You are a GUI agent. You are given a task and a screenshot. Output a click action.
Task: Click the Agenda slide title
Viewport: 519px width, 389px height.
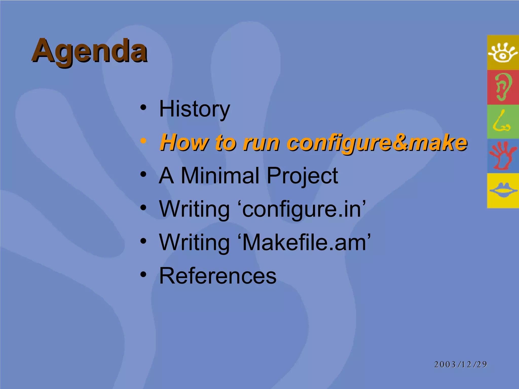89,51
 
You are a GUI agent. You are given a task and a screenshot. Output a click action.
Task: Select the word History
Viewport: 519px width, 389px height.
194,109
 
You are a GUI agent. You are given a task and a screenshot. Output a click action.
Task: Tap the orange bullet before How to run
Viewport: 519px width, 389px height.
143,141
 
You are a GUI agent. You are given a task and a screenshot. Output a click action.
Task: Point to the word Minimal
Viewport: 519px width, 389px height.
220,176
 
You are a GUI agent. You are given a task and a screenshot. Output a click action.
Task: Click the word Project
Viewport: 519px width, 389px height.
302,176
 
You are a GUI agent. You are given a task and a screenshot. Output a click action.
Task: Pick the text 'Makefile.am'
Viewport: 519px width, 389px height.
306,242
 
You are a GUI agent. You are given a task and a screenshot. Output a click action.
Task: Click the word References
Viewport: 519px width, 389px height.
218,276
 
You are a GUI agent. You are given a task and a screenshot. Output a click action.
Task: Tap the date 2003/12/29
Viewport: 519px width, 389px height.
460,364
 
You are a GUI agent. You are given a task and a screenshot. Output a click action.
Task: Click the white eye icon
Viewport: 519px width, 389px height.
503,53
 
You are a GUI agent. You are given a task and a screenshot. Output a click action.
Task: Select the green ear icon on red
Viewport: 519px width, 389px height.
503,87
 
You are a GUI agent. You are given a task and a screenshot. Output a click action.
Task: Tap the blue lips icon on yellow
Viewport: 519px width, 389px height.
503,190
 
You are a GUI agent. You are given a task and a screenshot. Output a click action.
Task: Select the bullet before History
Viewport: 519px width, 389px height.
143,107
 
